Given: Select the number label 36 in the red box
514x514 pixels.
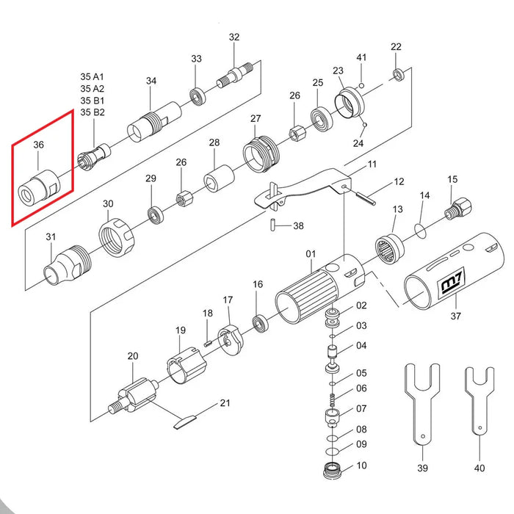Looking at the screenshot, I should [x=39, y=145].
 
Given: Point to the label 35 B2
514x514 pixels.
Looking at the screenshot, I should [x=93, y=112].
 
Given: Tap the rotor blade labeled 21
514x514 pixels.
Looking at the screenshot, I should [x=186, y=421].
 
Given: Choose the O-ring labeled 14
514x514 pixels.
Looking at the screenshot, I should [x=419, y=230].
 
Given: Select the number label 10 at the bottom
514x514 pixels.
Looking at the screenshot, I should [x=361, y=466].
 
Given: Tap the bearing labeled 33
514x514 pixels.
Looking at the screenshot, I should [x=197, y=95].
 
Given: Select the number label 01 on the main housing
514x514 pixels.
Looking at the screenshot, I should [x=310, y=254].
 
